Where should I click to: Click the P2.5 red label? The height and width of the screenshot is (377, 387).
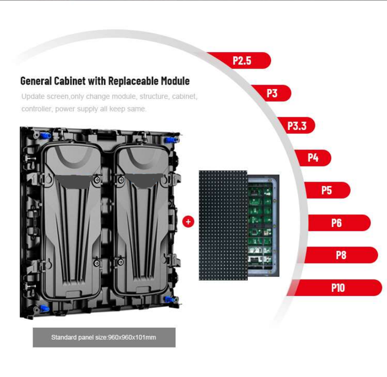242,61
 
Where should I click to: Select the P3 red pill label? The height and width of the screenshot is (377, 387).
272,93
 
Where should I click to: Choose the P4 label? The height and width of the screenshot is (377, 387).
313,158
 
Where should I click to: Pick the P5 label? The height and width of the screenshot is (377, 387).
327,190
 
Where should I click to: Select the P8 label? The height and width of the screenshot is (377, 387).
341,255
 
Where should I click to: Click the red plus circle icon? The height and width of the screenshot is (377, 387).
188,222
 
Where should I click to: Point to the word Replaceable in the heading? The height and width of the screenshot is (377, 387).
133,81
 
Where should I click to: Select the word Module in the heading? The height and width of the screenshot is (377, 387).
175,81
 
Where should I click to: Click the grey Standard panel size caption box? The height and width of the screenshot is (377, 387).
104,338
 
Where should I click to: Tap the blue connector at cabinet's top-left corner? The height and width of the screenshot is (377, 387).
45,135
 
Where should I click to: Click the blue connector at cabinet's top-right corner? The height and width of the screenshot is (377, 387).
170,140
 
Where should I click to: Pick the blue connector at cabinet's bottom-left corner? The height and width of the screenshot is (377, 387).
44,308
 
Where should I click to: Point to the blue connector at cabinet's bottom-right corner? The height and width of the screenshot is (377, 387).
170,300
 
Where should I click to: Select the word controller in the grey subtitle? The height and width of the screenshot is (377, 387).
36,109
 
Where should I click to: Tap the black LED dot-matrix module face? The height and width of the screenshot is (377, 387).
223,225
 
